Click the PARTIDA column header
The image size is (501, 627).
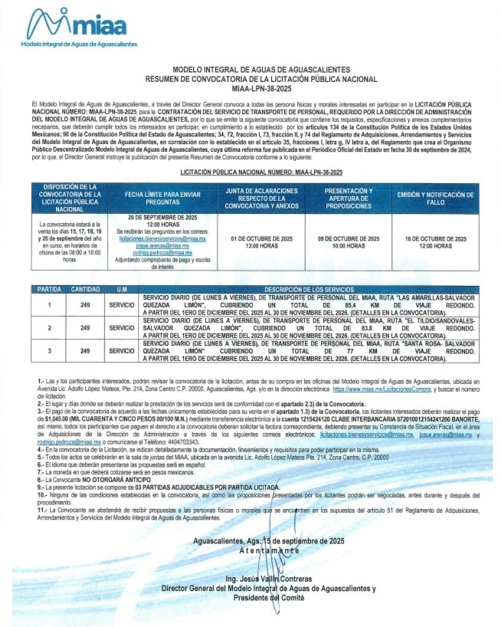51,289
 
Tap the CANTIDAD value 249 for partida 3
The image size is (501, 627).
85,350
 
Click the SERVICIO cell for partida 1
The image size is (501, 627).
120,304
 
